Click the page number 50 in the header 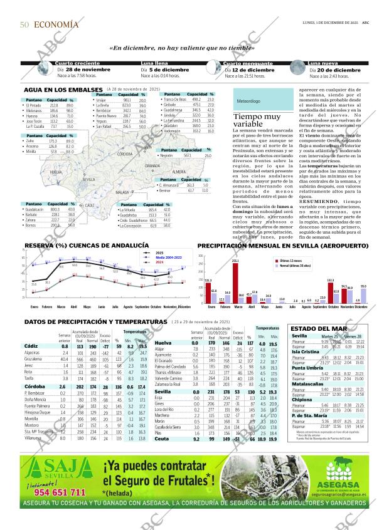24,24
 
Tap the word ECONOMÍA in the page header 56,24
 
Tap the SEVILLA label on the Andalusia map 88,179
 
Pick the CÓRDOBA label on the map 124,153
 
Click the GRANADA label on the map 153,166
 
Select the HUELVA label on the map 56,171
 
